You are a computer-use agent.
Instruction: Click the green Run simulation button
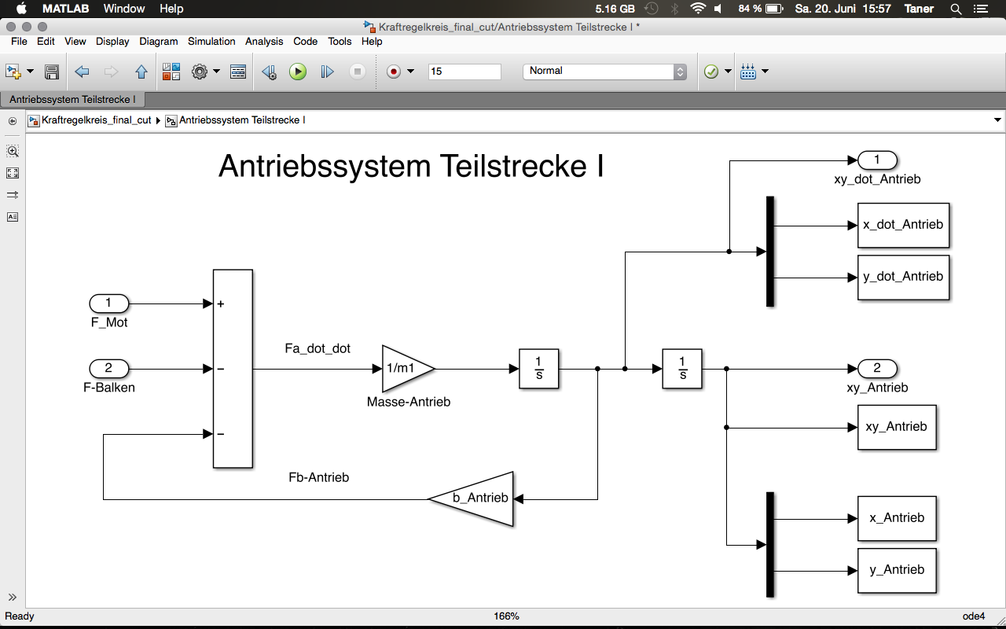297,72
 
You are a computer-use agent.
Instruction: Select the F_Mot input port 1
108,303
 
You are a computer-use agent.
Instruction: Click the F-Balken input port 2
108,368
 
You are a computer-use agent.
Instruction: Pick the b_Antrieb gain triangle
478,498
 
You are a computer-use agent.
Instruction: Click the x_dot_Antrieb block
903,225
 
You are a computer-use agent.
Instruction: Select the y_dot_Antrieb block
903,277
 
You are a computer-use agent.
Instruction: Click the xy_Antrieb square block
897,427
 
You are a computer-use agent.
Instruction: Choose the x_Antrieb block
897,518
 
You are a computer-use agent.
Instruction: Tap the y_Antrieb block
897,570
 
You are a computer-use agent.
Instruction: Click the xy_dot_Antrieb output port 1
877,160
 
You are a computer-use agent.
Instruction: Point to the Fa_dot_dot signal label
318,348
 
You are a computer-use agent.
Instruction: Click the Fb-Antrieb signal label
319,477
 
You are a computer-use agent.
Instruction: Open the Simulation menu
211,41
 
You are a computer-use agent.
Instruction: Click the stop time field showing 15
464,72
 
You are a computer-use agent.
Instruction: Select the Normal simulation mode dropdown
604,72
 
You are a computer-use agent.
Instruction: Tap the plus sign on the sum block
221,304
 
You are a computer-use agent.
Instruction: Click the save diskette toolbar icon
52,72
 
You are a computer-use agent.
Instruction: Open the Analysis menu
264,41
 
